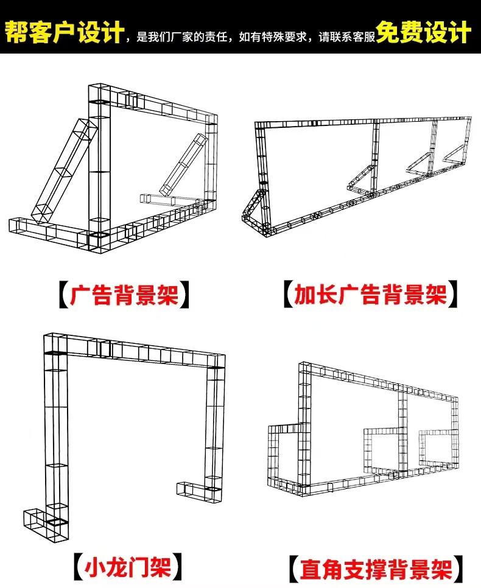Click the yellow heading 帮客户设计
tap(64, 32)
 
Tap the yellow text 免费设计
tap(424, 32)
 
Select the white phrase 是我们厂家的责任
tap(182, 37)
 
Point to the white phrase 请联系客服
tap(347, 37)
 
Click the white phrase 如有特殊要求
tap(273, 37)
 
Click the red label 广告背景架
tap(124, 295)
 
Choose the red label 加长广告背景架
tap(371, 295)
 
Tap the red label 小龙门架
tap(128, 568)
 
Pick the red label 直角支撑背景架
tap(376, 569)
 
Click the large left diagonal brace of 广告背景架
tap(64, 172)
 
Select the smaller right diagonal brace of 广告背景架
tap(183, 164)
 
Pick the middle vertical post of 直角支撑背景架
tap(402, 431)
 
